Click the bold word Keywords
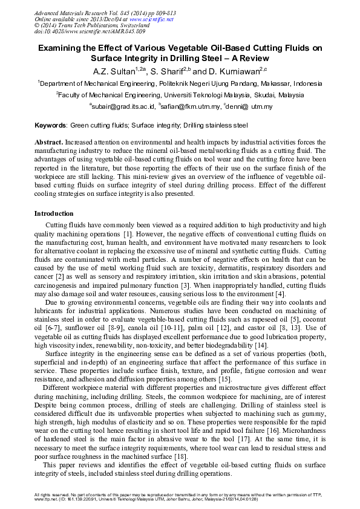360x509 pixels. pyautogui.click(x=50, y=126)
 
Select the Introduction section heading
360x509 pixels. pyautogui.click(x=54, y=214)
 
